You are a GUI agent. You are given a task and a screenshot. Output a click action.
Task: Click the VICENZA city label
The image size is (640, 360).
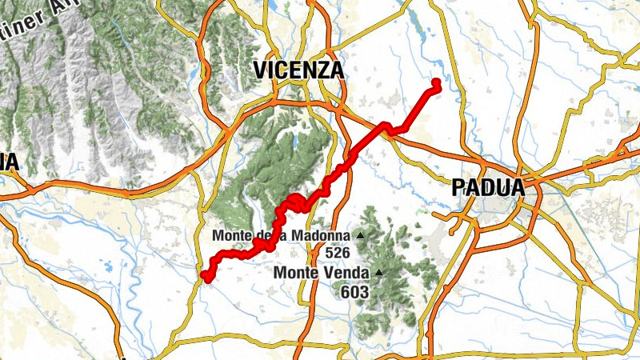click(299, 70)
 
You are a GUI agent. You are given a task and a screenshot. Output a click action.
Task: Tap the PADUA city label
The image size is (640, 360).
click(488, 188)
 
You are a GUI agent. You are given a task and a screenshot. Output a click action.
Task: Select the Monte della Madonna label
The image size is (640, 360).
click(281, 236)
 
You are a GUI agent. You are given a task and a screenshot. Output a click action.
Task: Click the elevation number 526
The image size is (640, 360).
click(338, 252)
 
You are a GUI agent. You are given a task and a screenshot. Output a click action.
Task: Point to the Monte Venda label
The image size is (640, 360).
click(322, 273)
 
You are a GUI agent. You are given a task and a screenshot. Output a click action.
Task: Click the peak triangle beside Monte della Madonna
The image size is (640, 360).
click(359, 236)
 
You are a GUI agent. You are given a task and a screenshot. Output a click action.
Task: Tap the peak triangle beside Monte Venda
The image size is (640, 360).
click(378, 273)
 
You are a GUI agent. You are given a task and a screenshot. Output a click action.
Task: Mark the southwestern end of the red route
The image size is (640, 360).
click(205, 277)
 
